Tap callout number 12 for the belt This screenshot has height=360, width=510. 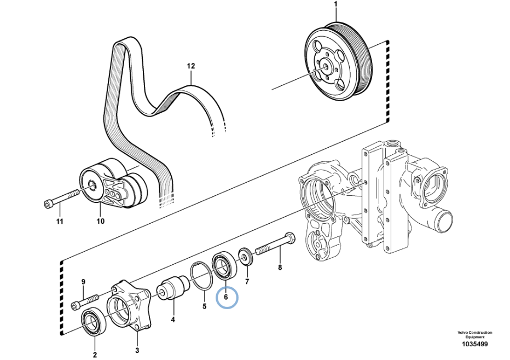pyautogui.click(x=191, y=66)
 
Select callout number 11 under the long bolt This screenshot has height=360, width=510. pyautogui.click(x=60, y=222)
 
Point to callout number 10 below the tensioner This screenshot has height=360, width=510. pyautogui.click(x=101, y=221)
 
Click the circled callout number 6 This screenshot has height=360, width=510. pyautogui.click(x=226, y=297)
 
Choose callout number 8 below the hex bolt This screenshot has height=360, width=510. pyautogui.click(x=280, y=268)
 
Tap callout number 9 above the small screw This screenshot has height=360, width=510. pyautogui.click(x=83, y=282)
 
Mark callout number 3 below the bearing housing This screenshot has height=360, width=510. pyautogui.click(x=137, y=350)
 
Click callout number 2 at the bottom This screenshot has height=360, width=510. pyautogui.click(x=95, y=355)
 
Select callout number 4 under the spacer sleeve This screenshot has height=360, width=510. pyautogui.click(x=173, y=320)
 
